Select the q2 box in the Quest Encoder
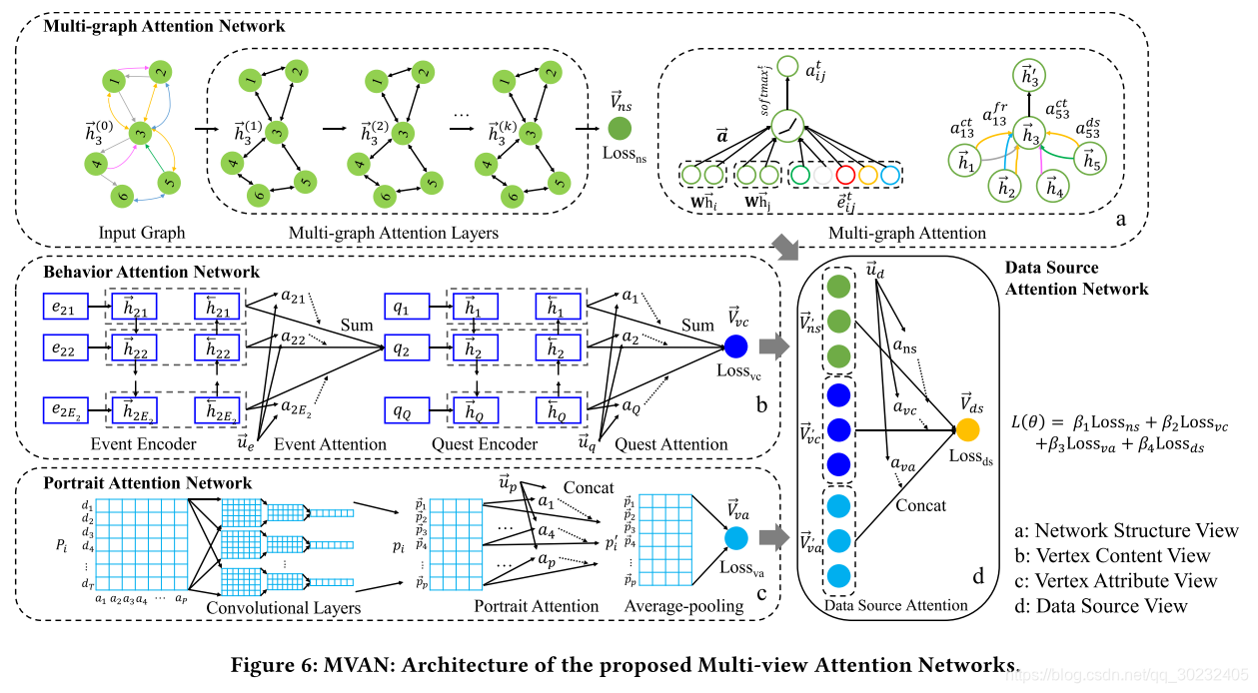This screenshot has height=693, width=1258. pos(403,349)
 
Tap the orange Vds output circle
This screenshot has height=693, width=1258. pos(967,430)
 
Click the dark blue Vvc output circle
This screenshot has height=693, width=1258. pos(736,346)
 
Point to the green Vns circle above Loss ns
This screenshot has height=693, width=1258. pos(620,129)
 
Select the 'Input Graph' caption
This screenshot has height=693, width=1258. pos(142,234)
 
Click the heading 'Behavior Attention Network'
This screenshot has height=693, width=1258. pos(151,272)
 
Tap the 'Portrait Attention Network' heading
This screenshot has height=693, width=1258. pos(148,483)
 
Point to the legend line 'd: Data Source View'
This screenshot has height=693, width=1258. pos(1111,605)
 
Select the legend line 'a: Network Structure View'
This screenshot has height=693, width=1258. pos(1136,530)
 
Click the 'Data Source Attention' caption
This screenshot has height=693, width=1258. pos(896,604)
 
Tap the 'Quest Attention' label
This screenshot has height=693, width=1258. pos(671,443)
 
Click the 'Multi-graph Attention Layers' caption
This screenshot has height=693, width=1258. pos(394,234)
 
